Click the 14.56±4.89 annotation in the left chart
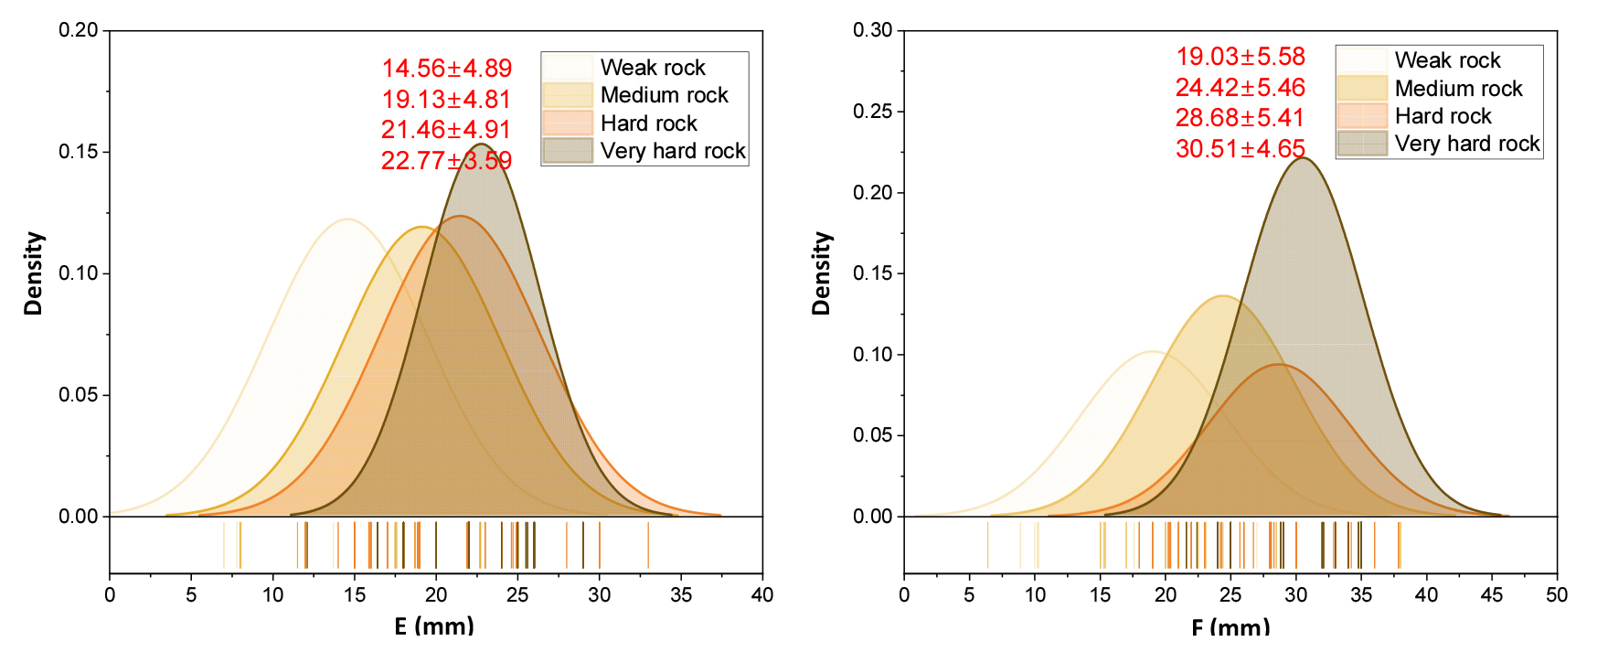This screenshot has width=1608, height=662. pyautogui.click(x=446, y=69)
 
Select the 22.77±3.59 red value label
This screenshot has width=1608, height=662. pyautogui.click(x=446, y=161)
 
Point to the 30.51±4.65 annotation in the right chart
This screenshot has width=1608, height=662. pyautogui.click(x=1240, y=149)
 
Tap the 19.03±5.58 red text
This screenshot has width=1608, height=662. pyautogui.click(x=1240, y=57)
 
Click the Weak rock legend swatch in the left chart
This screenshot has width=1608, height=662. pyautogui.click(x=568, y=68)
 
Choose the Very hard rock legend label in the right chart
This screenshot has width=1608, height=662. pyautogui.click(x=1466, y=144)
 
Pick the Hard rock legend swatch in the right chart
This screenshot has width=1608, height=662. pyautogui.click(x=1361, y=116)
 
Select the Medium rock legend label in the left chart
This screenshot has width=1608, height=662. pyautogui.click(x=664, y=95)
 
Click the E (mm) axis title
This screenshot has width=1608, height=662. pyautogui.click(x=434, y=626)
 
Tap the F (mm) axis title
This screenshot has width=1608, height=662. pyautogui.click(x=1230, y=627)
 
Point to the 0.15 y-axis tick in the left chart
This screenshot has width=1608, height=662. pyautogui.click(x=79, y=152)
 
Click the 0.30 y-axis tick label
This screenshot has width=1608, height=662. pyautogui.click(x=873, y=30)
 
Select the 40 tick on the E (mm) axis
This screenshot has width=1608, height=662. pyautogui.click(x=761, y=594)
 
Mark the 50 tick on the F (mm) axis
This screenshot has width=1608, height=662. pyautogui.click(x=1556, y=594)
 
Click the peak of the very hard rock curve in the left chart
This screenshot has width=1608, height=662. pyautogui.click(x=481, y=144)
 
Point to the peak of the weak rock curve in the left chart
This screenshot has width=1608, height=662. pyautogui.click(x=347, y=219)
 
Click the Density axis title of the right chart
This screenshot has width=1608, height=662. pyautogui.click(x=821, y=273)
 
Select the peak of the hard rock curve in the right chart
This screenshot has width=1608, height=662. pyautogui.click(x=1279, y=365)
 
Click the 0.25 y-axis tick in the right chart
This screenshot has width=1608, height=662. pyautogui.click(x=873, y=112)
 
